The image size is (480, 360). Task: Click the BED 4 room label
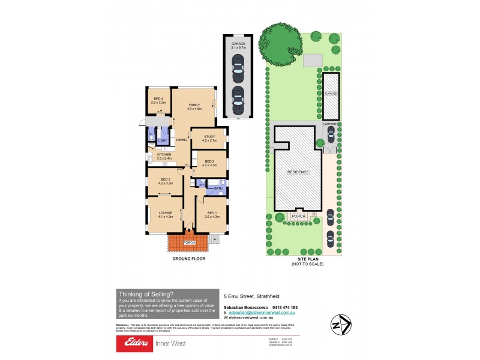point(158,99)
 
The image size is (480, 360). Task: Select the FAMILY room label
point(194,105)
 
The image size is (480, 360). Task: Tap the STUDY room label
point(209,137)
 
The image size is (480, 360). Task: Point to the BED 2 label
point(209,161)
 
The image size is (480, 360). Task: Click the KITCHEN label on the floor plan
point(164,155)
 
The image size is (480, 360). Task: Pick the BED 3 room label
point(166,180)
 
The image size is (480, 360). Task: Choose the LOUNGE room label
point(165,213)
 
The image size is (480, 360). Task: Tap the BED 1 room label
point(212,213)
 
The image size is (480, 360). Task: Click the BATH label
point(218,188)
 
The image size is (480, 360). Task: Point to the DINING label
point(182,140)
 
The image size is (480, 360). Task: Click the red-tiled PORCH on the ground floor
point(188,243)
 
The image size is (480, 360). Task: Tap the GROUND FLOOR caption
point(189,259)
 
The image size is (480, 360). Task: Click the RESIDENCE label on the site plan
point(298,172)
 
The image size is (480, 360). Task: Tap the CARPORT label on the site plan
point(330,124)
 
